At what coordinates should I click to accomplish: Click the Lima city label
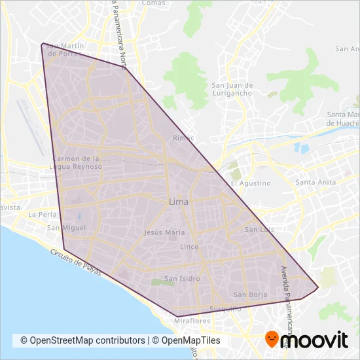pyautogui.click(x=179, y=202)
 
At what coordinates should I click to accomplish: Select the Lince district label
pyautogui.click(x=189, y=247)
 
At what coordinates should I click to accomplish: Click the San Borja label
pyautogui.click(x=250, y=295)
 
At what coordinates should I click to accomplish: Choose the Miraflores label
pyautogui.click(x=192, y=321)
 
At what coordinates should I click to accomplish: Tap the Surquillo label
pyautogui.click(x=225, y=308)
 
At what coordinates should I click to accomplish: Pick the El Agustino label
pyautogui.click(x=250, y=183)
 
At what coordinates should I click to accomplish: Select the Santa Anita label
pyautogui.click(x=315, y=182)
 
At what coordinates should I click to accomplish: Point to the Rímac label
pyautogui.click(x=183, y=138)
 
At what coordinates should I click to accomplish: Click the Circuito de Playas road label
pyautogui.click(x=77, y=261)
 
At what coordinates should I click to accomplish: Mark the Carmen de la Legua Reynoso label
pyautogui.click(x=79, y=162)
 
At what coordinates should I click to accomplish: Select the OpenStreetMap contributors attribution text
pyautogui.click(x=82, y=340)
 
